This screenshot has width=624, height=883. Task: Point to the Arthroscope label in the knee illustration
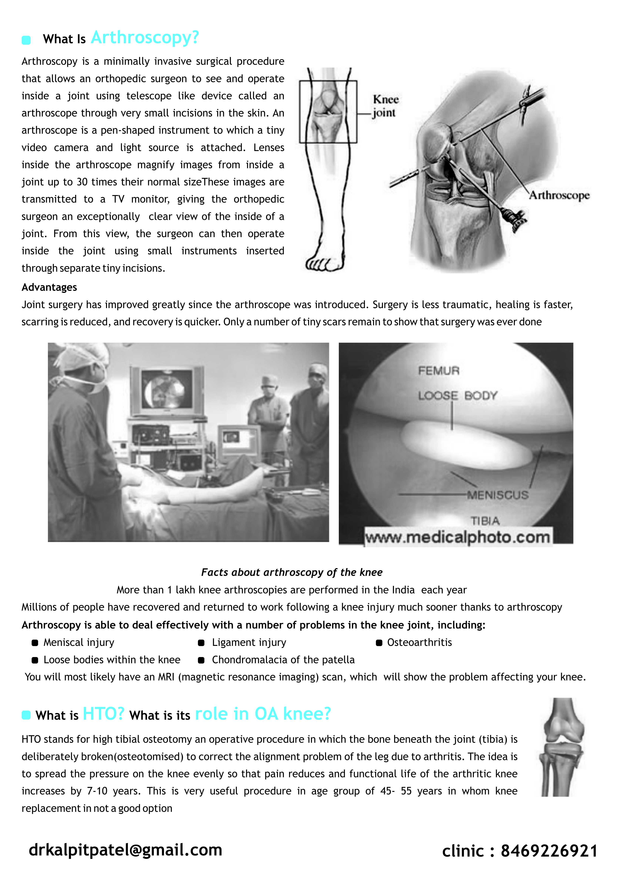pyautogui.click(x=559, y=195)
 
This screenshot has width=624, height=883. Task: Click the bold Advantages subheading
pyautogui.click(x=49, y=287)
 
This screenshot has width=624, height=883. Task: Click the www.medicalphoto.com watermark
pyautogui.click(x=458, y=537)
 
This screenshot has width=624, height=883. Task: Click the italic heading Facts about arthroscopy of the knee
pyautogui.click(x=292, y=572)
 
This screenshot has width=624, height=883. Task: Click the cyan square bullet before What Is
pyautogui.click(x=26, y=40)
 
